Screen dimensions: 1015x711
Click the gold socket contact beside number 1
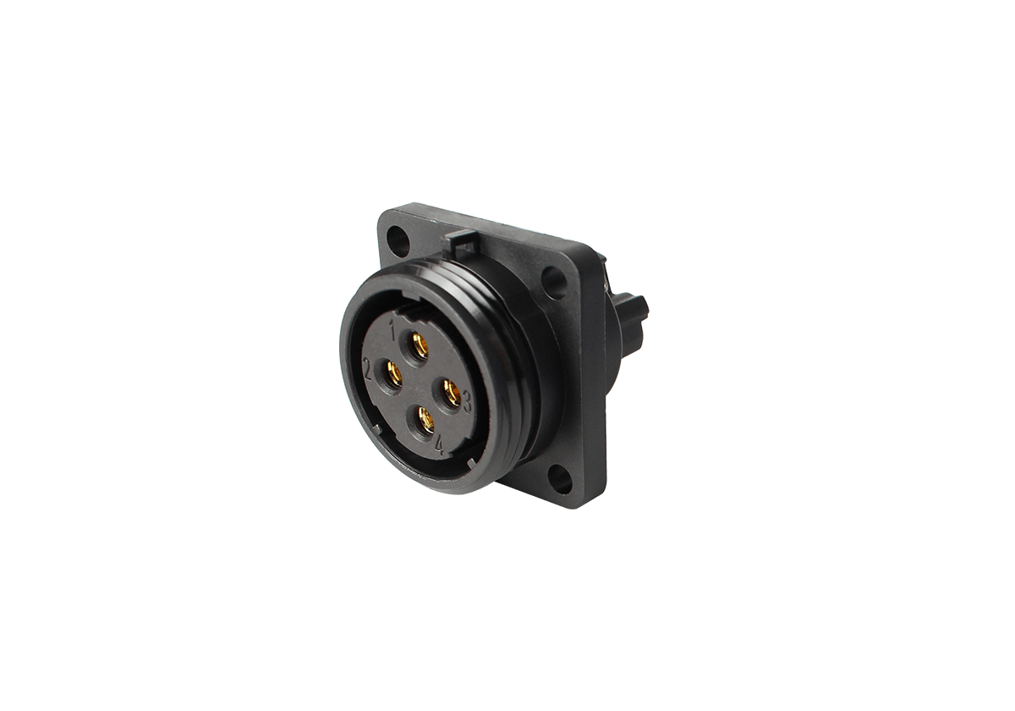click(421, 347)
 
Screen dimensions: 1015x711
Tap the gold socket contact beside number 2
click(395, 374)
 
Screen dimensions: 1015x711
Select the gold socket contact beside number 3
click(453, 393)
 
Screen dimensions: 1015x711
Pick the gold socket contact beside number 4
click(426, 420)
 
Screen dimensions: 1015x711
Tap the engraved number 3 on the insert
click(467, 402)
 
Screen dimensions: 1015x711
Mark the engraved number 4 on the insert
click(439, 445)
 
